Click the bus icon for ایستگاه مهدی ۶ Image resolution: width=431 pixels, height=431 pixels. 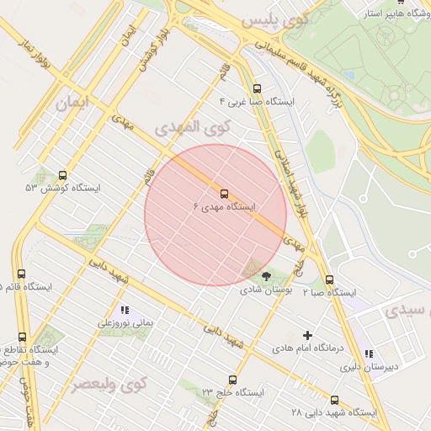[x=224, y=192]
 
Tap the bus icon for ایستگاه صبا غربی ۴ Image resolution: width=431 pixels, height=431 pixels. [x=256, y=88]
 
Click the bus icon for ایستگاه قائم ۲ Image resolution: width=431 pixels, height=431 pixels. [x=21, y=274]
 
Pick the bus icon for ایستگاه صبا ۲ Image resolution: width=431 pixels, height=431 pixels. [x=329, y=279]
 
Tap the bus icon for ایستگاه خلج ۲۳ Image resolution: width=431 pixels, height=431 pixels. [x=233, y=380]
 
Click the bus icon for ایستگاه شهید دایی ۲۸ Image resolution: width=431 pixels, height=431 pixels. [x=335, y=400]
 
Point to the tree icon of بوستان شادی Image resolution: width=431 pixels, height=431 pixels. [x=267, y=275]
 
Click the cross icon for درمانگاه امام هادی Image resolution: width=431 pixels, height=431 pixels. [x=306, y=335]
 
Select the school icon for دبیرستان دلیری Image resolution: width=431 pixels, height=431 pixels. [x=368, y=354]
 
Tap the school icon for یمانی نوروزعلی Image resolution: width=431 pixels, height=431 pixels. [x=125, y=310]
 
